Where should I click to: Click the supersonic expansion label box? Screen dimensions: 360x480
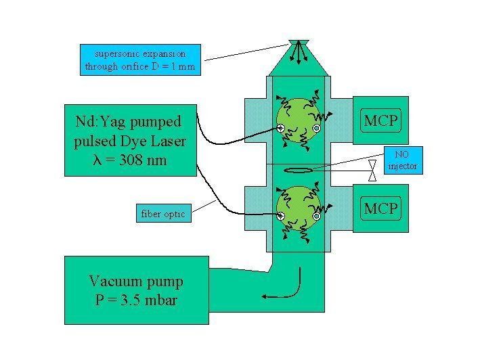[x=140, y=60]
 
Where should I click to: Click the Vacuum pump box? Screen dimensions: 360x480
[x=136, y=290]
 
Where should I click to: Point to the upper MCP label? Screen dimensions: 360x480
[x=381, y=122]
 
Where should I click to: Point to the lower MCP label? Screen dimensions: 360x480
[x=381, y=208]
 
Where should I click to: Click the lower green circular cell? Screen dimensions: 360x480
[x=298, y=206]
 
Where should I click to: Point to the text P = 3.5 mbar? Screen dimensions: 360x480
[x=136, y=298]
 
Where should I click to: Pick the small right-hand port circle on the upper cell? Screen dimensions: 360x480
[x=316, y=128]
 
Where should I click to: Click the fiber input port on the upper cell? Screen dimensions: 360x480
[x=280, y=127]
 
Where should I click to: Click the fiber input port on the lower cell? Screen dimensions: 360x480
[x=280, y=216]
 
